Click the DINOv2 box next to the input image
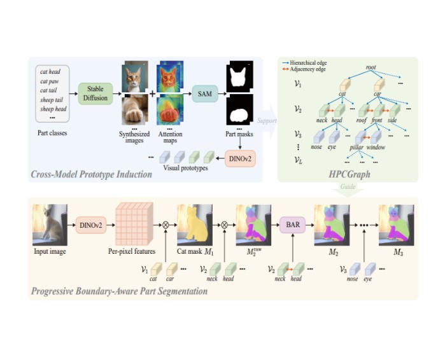point(91,224)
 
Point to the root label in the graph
point(371,67)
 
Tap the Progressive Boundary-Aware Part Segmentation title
point(111,292)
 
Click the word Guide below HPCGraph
point(346,188)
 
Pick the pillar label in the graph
point(355,146)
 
